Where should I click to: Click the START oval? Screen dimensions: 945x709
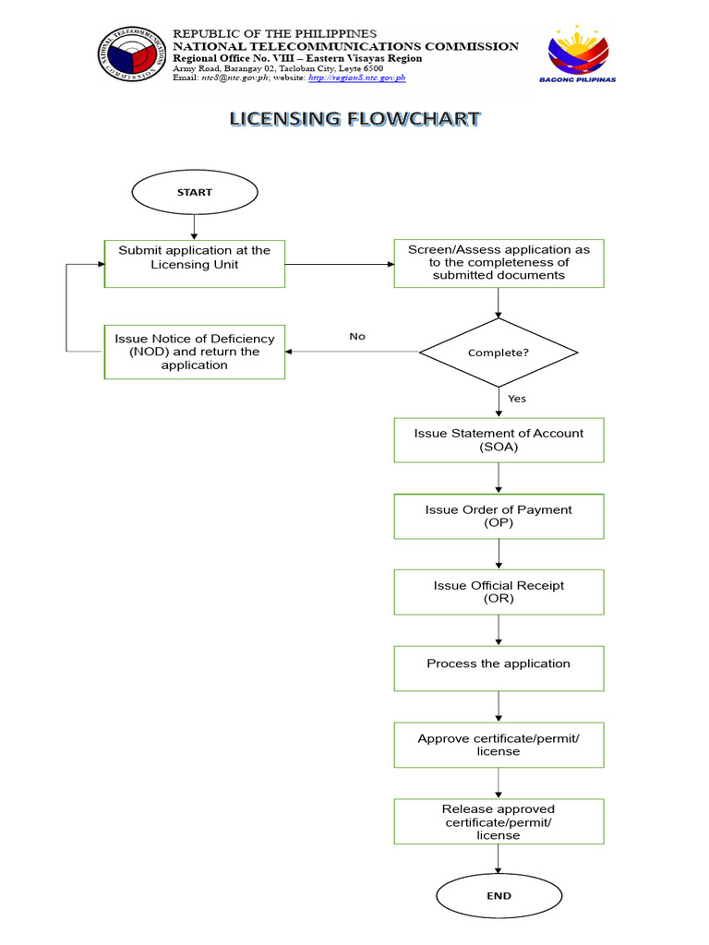(x=194, y=193)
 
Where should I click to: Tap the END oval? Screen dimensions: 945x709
(x=499, y=896)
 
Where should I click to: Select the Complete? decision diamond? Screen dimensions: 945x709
(x=499, y=353)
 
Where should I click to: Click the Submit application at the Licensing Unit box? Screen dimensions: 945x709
(x=194, y=264)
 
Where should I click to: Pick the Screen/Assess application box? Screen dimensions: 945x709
(x=499, y=263)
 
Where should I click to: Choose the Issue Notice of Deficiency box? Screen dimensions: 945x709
(x=194, y=352)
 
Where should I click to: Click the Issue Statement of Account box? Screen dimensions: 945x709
(x=499, y=440)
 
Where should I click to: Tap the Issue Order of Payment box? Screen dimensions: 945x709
(x=499, y=516)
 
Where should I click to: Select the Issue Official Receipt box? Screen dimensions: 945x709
(x=499, y=592)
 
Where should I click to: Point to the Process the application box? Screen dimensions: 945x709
(x=499, y=667)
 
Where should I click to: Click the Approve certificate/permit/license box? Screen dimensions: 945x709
(x=499, y=744)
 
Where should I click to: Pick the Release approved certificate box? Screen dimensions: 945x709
(x=499, y=821)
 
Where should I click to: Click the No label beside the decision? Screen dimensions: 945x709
(x=357, y=337)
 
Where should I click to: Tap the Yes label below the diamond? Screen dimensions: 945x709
(x=517, y=399)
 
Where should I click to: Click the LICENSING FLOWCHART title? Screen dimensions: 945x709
(x=354, y=119)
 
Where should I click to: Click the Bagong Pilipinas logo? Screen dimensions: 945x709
(x=577, y=54)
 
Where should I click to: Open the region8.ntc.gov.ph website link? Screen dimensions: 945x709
(x=356, y=78)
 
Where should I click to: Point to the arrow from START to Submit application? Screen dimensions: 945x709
(x=194, y=226)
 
